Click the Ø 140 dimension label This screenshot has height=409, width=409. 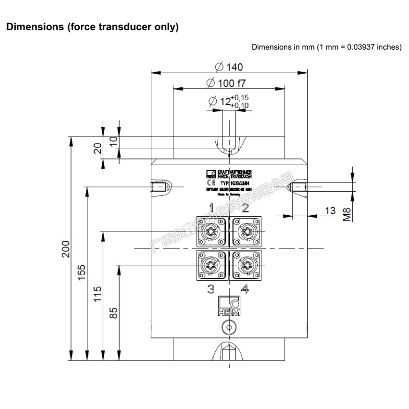229,66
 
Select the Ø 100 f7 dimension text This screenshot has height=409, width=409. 230,82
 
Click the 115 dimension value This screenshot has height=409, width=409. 98,295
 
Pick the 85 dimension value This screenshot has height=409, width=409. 114,311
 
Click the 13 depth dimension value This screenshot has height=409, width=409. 330,211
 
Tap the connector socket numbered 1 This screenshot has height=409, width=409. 211,232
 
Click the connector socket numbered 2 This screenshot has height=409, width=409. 245,232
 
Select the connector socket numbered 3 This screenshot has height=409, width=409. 211,265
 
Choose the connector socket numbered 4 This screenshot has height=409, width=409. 245,265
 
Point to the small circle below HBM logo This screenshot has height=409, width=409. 229,327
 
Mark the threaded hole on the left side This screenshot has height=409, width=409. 160,187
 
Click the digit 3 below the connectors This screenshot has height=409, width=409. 211,289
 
